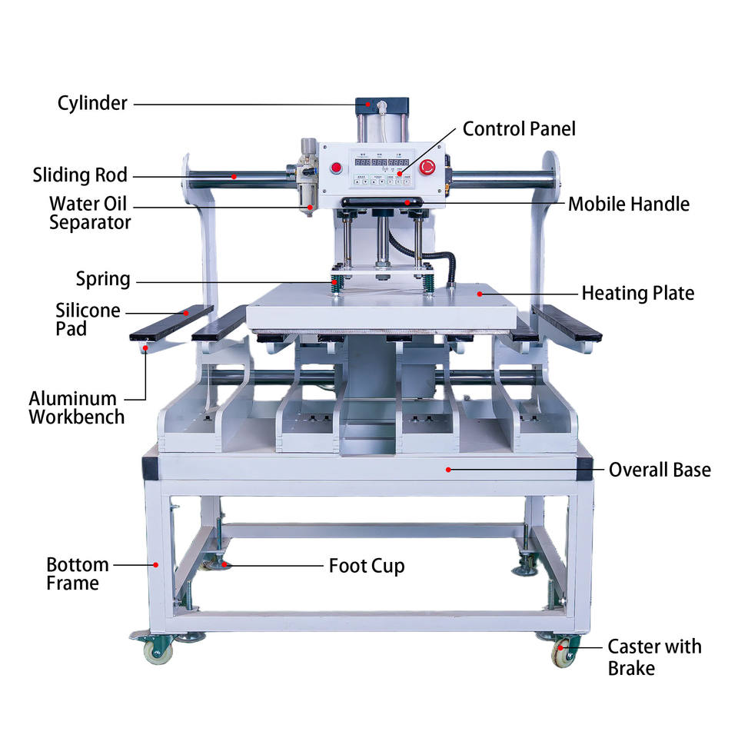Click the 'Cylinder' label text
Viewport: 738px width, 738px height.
click(x=92, y=103)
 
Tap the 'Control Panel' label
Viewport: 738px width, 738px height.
click(x=519, y=128)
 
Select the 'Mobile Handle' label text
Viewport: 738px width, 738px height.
click(x=628, y=204)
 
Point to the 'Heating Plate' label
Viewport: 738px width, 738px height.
click(x=637, y=293)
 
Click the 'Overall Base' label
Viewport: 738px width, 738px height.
click(x=660, y=469)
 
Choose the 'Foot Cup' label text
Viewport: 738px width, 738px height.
click(x=367, y=567)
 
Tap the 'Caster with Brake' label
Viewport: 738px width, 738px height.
click(x=654, y=657)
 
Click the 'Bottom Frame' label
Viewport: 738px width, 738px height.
click(x=77, y=573)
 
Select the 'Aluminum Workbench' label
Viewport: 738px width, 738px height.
click(x=76, y=407)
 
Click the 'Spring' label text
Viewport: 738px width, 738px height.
click(x=103, y=278)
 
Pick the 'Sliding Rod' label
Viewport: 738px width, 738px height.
click(x=79, y=175)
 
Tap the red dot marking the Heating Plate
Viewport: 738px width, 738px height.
click(x=479, y=293)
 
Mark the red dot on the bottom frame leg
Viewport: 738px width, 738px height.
click(x=156, y=565)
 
